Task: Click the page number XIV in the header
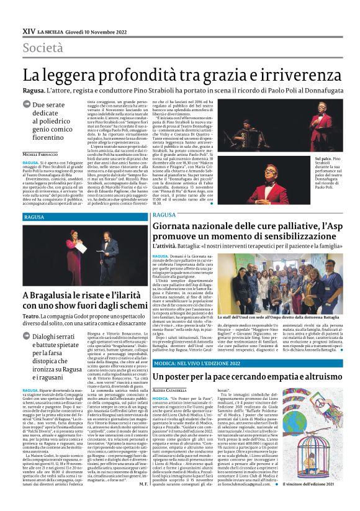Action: coord(29,30)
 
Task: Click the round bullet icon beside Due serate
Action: coord(28,106)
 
